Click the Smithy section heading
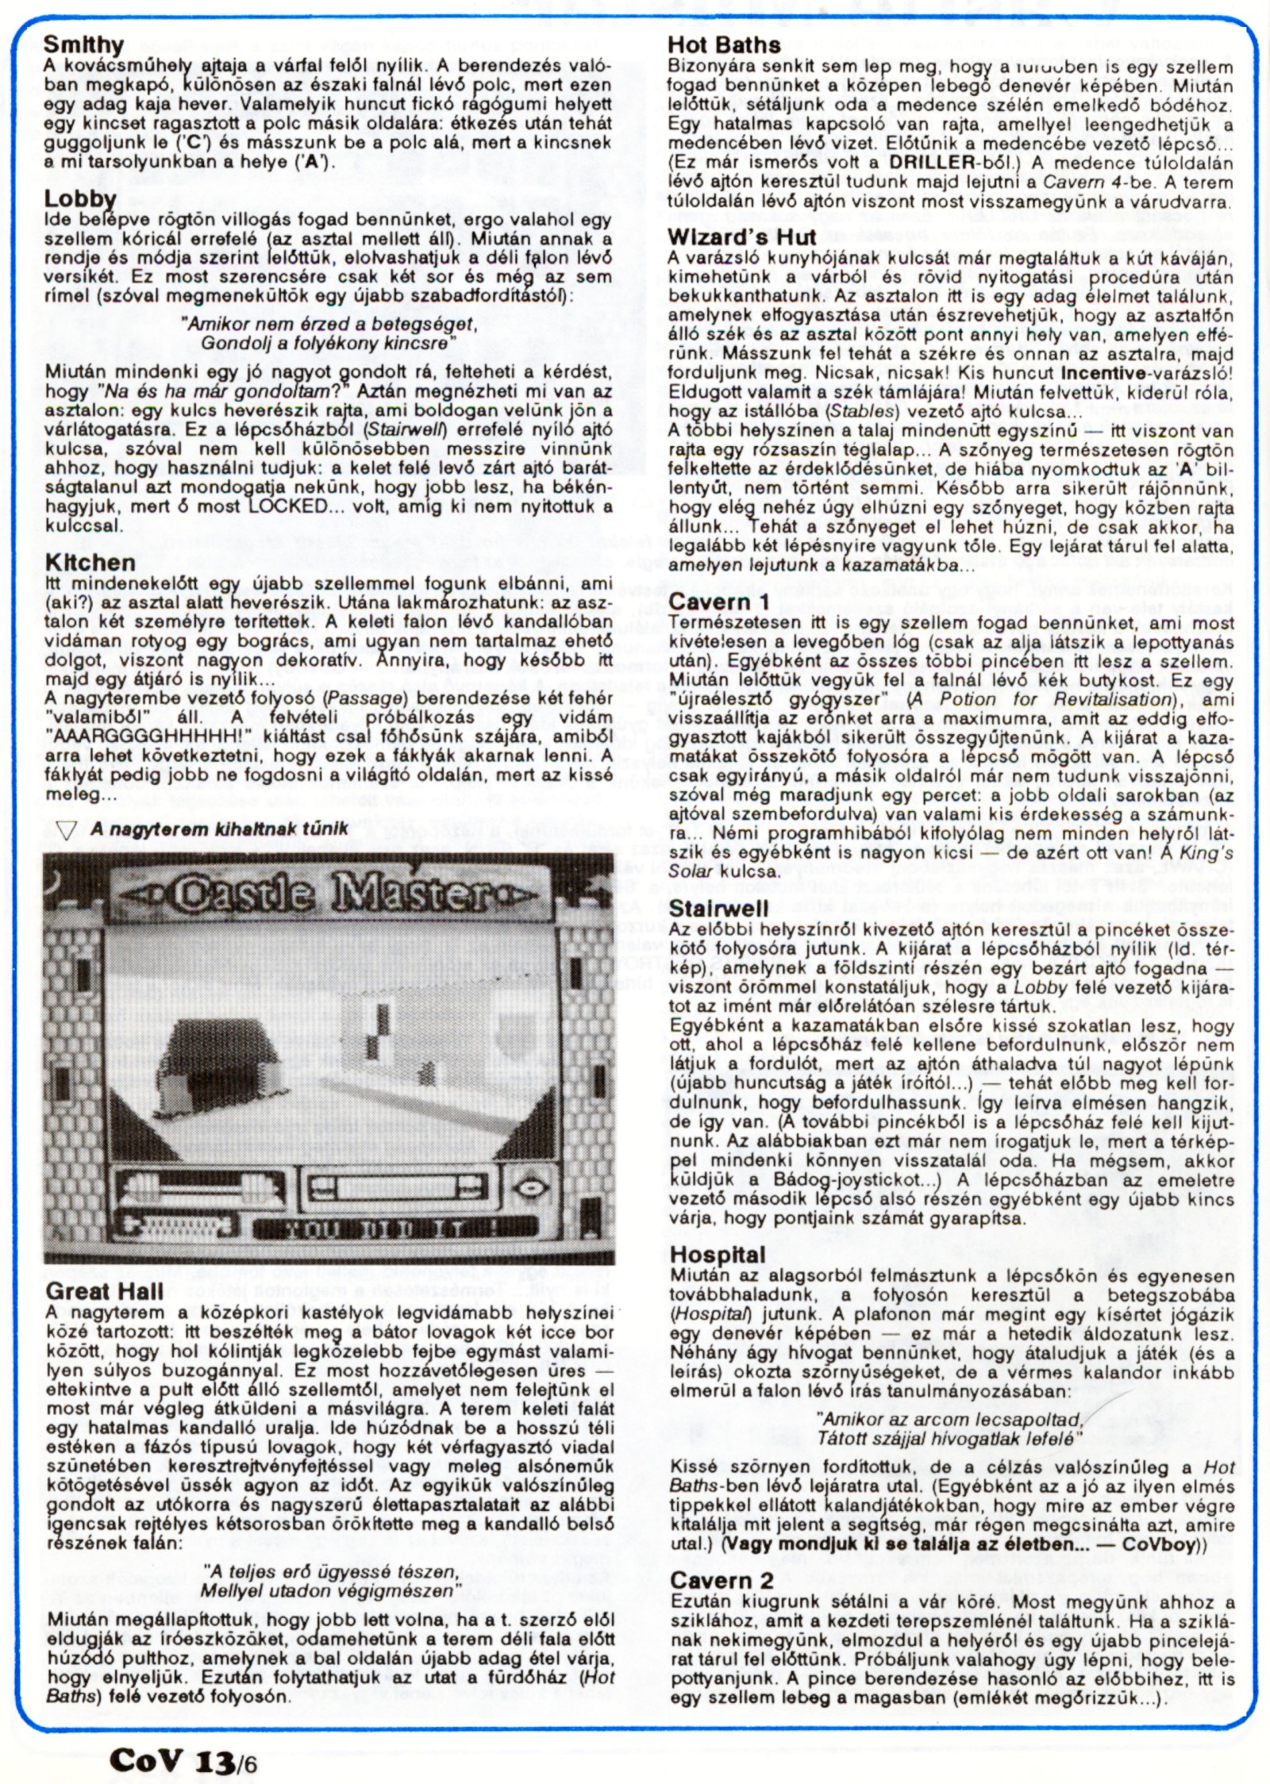click(x=83, y=44)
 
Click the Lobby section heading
click(x=80, y=198)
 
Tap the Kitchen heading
click(x=90, y=563)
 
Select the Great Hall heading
click(x=104, y=1291)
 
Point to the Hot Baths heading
click(x=724, y=45)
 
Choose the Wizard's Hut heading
click(x=741, y=237)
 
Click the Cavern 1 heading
click(x=719, y=602)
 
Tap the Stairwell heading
click(x=718, y=909)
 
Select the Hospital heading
click(x=718, y=1255)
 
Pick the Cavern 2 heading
click(x=722, y=1580)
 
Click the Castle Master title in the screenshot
click(x=329, y=893)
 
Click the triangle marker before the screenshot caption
click(x=67, y=830)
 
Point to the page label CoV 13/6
click(x=183, y=1759)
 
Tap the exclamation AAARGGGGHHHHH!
click(x=148, y=737)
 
